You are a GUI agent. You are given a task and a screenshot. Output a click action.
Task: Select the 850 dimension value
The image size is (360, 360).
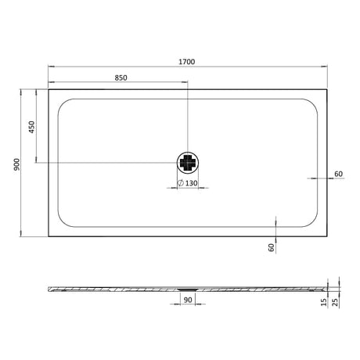tap(121, 77)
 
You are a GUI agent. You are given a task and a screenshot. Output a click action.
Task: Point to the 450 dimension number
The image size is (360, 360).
tap(32, 127)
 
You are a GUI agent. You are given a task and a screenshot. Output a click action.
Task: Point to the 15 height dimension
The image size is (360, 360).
tap(323, 301)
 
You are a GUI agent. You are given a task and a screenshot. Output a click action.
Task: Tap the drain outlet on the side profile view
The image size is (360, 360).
tap(189, 287)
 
